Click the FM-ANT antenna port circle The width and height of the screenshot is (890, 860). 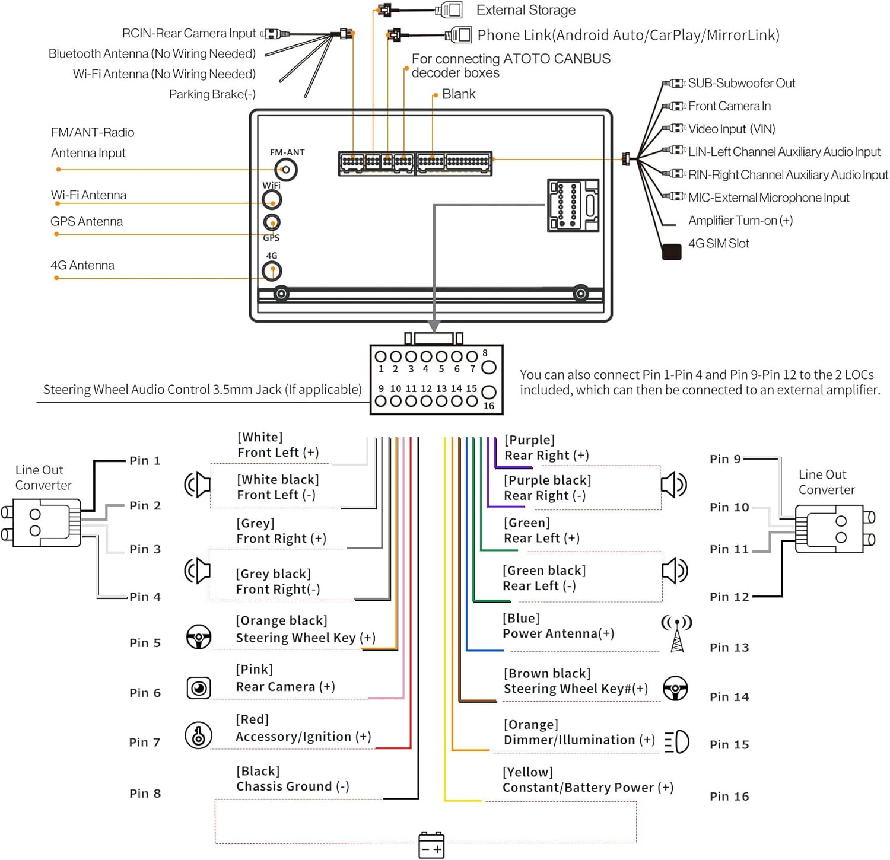point(286,170)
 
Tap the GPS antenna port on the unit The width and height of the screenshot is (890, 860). point(272,222)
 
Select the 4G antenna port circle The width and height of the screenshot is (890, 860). point(272,271)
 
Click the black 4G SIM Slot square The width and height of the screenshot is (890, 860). point(671,251)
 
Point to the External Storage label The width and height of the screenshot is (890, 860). point(526,10)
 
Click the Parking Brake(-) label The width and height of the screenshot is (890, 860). point(212,94)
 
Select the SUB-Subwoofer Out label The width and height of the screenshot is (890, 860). point(741,83)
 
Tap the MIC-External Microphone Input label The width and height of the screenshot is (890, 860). point(768,198)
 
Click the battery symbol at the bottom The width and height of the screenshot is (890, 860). point(431,845)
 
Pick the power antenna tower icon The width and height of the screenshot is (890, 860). point(676,633)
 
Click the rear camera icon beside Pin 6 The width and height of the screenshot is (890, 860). point(199,688)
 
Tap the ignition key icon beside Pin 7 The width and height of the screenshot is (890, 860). point(198,736)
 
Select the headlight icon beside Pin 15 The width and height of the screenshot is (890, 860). point(677,741)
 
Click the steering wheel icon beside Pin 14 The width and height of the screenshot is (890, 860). point(675,689)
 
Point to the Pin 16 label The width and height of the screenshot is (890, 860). point(729,796)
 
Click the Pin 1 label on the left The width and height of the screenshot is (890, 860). point(145,461)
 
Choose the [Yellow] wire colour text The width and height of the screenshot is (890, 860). point(527,772)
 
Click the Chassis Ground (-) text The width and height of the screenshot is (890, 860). point(293,786)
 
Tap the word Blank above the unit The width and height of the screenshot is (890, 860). point(459,94)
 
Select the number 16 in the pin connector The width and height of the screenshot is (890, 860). point(489,406)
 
